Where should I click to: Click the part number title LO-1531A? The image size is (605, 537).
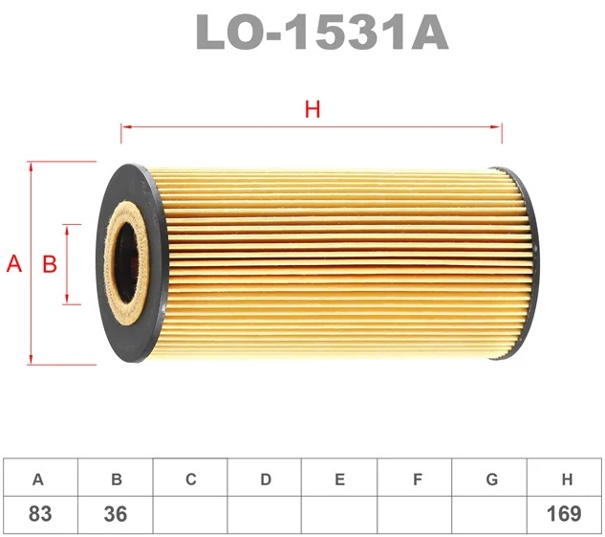coord(322,32)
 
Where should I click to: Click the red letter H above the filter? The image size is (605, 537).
coord(313,109)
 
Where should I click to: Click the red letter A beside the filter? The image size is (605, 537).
coord(14,264)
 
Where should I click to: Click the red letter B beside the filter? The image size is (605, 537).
coord(50,264)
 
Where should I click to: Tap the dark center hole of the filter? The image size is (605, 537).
coord(127,263)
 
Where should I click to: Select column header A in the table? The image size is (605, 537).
coord(38,480)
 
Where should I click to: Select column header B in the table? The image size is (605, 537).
coord(117,480)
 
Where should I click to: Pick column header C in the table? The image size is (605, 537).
coord(191,480)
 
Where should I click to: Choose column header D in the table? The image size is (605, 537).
coord(266,480)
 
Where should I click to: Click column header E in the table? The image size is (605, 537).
coord(339,480)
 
